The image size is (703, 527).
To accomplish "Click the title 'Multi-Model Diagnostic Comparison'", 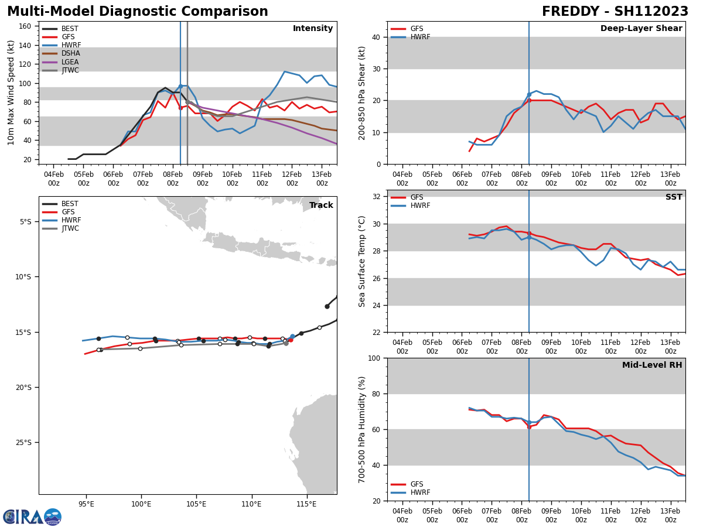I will coord(137,12).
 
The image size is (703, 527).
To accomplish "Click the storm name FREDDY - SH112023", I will coord(615,12).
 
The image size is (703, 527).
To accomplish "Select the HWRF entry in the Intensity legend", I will coord(71,45).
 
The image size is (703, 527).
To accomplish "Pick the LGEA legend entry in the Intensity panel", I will coord(70,62).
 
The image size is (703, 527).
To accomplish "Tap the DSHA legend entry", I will coord(71,53).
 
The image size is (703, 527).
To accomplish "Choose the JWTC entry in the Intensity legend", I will coord(70,70).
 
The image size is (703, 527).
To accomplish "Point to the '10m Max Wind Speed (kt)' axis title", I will coord(11,93).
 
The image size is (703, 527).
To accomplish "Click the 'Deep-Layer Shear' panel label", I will coord(641,29).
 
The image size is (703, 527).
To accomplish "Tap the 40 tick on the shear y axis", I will coord(376,37).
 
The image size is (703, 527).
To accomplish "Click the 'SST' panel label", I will coord(673,197).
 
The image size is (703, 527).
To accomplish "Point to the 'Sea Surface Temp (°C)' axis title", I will coord(363,261).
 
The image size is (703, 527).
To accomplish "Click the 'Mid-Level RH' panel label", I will coord(651,365).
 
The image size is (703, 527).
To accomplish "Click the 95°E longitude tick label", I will coord(86,503).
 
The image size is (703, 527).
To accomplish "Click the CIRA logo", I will coord(32,517).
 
